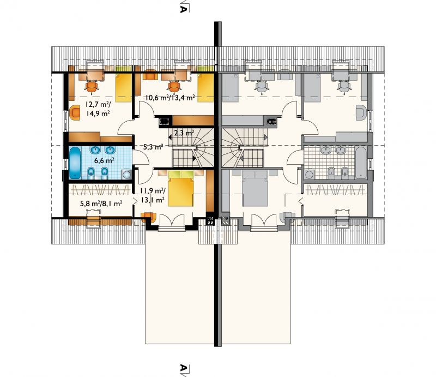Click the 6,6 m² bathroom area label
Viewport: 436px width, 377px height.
[x=104, y=160]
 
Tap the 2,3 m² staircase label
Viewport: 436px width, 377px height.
[x=184, y=133]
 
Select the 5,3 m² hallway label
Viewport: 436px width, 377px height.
[x=153, y=147]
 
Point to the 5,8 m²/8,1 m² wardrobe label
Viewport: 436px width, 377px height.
[x=101, y=204]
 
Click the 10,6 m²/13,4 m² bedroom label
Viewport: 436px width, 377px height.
[x=170, y=98]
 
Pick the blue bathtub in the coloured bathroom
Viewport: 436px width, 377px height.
[x=75, y=163]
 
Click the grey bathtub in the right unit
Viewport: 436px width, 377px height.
[x=361, y=163]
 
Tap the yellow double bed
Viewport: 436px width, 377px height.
[x=181, y=189]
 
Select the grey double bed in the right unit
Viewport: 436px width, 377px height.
[x=255, y=189]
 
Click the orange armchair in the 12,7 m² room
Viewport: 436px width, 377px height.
[x=75, y=112]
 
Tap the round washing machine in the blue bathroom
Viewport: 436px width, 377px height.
[x=126, y=175]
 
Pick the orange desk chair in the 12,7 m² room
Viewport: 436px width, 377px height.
[x=92, y=86]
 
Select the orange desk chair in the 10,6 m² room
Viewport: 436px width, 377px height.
[x=174, y=86]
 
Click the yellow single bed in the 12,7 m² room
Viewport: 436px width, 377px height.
[x=123, y=88]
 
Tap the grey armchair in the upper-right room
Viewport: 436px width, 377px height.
[x=361, y=112]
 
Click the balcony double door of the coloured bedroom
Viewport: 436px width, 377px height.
[x=172, y=222]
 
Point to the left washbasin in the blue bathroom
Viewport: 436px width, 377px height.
[x=95, y=150]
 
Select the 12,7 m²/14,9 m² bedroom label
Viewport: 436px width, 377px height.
[x=98, y=109]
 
